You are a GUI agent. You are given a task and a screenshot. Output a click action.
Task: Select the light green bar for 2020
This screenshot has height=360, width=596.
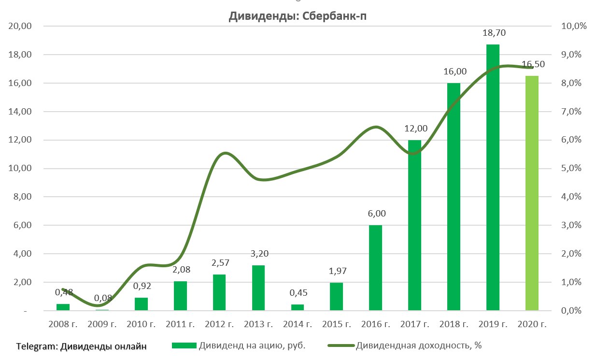(532, 193)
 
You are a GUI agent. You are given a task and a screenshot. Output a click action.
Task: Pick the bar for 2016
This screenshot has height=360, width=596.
(375, 268)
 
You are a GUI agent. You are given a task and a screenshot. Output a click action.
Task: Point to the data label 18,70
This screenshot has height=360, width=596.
(493, 33)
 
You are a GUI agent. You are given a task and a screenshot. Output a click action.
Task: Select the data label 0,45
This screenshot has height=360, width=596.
(298, 293)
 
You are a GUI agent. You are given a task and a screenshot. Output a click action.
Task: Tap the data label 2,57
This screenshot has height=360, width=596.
(219, 263)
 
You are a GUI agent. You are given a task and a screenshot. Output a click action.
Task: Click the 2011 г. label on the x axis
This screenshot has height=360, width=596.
(181, 325)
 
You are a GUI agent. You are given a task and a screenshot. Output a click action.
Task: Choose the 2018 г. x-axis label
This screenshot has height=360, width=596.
(454, 325)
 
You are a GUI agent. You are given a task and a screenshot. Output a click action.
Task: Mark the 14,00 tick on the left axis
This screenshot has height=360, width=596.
(20, 112)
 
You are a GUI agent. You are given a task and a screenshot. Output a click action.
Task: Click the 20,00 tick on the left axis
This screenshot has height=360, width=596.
(20, 26)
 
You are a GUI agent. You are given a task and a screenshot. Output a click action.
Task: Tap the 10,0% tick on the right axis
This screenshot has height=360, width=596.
(573, 26)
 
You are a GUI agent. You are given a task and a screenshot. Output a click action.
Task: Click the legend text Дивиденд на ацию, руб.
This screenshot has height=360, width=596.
(252, 346)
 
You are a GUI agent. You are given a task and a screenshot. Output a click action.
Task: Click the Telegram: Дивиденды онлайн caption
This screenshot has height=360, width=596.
(81, 346)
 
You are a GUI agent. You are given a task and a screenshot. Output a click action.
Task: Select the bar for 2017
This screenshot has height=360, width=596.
(415, 225)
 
